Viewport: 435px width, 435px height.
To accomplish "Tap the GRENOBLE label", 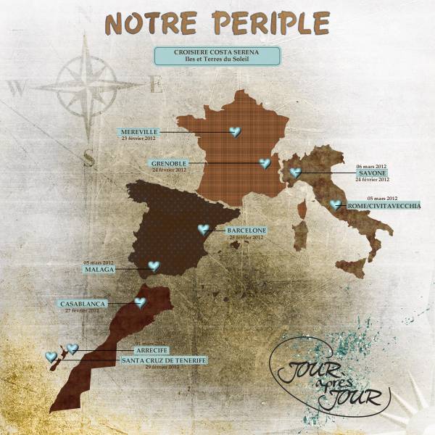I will (x=169, y=164).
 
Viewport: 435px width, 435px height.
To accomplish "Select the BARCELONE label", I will (x=246, y=231).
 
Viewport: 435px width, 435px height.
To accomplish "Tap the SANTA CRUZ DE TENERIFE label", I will (x=164, y=360).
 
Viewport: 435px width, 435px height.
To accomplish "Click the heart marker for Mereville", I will (x=234, y=132).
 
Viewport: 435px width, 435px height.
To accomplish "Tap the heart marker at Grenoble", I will (x=265, y=164).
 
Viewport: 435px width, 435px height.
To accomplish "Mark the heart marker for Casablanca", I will (x=139, y=302).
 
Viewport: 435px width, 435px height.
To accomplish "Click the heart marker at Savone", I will (x=295, y=173).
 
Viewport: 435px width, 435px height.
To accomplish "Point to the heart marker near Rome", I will (x=335, y=205).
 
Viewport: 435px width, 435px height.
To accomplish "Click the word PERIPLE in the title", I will (x=267, y=24).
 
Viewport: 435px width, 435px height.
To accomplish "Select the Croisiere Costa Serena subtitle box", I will (x=217, y=56).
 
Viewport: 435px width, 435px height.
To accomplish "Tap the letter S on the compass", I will (x=88, y=157).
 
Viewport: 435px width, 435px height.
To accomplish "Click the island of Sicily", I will (x=353, y=268).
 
